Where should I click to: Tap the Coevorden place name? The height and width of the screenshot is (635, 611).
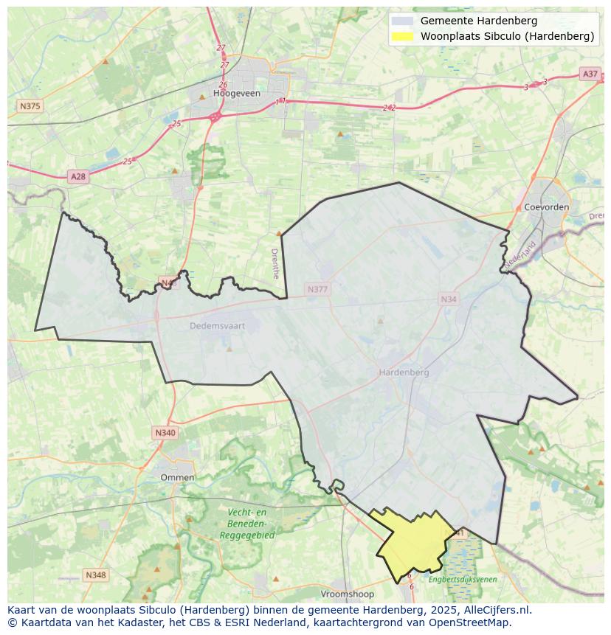546,207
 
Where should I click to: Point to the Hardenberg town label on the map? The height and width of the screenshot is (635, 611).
404,372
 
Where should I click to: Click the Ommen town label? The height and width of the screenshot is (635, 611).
177,477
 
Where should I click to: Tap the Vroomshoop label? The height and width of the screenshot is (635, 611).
348,594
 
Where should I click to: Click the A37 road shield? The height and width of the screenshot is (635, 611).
590,74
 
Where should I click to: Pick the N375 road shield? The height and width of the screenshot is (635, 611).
30,106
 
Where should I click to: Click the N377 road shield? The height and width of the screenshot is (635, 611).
317,290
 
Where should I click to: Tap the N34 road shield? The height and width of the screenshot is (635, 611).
448,299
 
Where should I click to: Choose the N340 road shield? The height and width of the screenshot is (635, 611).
165,433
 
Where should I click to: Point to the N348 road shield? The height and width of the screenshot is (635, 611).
95,575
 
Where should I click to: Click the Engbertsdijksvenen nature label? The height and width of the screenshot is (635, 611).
463,580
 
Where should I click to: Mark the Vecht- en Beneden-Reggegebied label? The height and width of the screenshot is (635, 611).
246,524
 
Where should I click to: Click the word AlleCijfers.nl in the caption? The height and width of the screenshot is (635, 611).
494,610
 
